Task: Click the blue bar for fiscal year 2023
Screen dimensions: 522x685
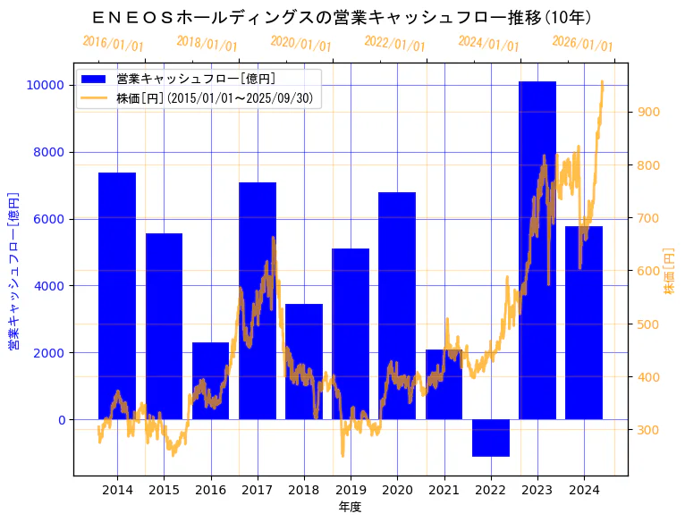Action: (537, 250)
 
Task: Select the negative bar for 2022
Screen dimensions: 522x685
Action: (491, 438)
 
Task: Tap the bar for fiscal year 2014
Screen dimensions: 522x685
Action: (117, 296)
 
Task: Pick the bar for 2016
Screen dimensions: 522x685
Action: (210, 381)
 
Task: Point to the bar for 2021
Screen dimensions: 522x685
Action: (444, 384)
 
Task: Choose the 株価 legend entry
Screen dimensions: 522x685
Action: (215, 98)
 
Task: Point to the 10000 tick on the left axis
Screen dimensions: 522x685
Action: (45, 85)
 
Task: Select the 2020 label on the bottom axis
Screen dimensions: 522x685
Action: (397, 490)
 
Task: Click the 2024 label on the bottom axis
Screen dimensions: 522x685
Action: (584, 490)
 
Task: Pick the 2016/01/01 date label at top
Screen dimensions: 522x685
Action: (113, 43)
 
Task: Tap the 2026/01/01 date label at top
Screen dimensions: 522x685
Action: (582, 43)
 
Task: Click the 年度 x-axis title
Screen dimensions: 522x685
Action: (350, 507)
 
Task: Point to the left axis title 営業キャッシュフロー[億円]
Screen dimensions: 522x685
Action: (14, 270)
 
